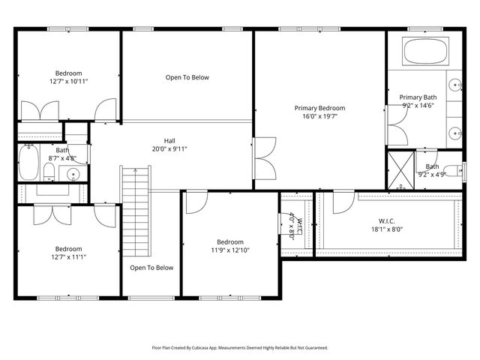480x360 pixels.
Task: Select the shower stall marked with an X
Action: (400, 164)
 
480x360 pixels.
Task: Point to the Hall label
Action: (170, 140)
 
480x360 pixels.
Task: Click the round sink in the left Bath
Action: (73, 175)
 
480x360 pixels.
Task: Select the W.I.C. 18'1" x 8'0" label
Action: (387, 224)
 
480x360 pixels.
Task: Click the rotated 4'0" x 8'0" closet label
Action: (295, 224)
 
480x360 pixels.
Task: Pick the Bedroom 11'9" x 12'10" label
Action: (229, 246)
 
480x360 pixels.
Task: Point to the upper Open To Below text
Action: (187, 77)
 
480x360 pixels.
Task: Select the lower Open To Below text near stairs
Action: (151, 268)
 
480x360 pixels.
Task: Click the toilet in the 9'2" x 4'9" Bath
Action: (451, 170)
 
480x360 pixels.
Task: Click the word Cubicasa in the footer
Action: (222, 348)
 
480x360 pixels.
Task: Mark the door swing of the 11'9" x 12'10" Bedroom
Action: (196, 200)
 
